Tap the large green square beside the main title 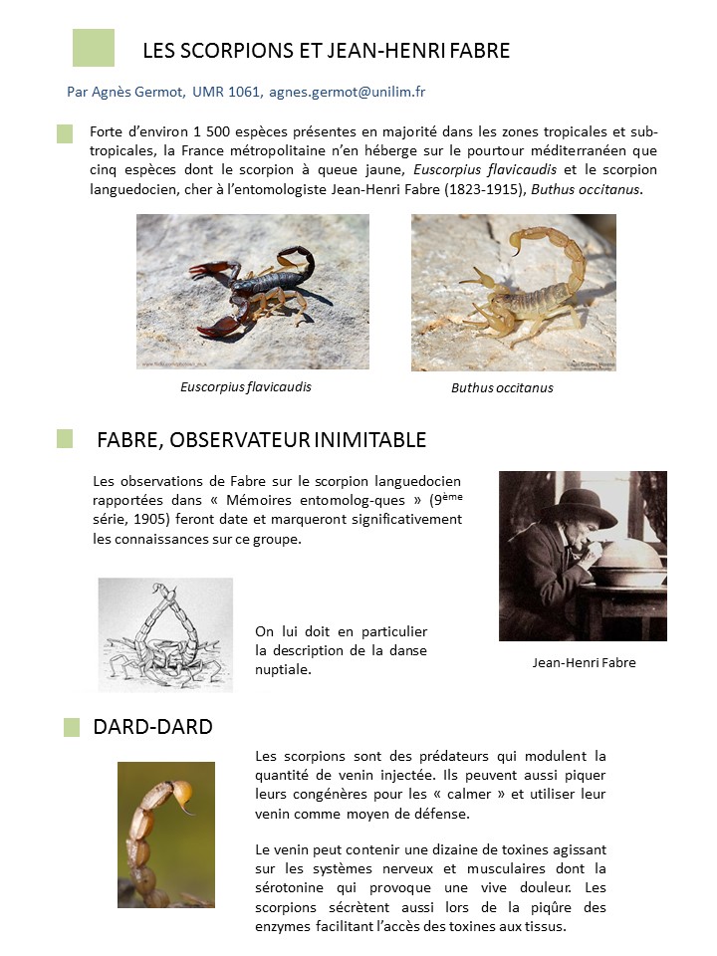tap(94, 48)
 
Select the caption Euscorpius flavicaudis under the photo tap(245, 386)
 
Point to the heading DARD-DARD tap(152, 726)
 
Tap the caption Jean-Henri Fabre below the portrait tap(584, 662)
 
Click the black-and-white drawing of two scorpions tap(165, 634)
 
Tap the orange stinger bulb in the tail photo tap(182, 793)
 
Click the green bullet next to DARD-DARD tap(72, 727)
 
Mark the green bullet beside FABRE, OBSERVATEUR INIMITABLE tap(65, 439)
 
